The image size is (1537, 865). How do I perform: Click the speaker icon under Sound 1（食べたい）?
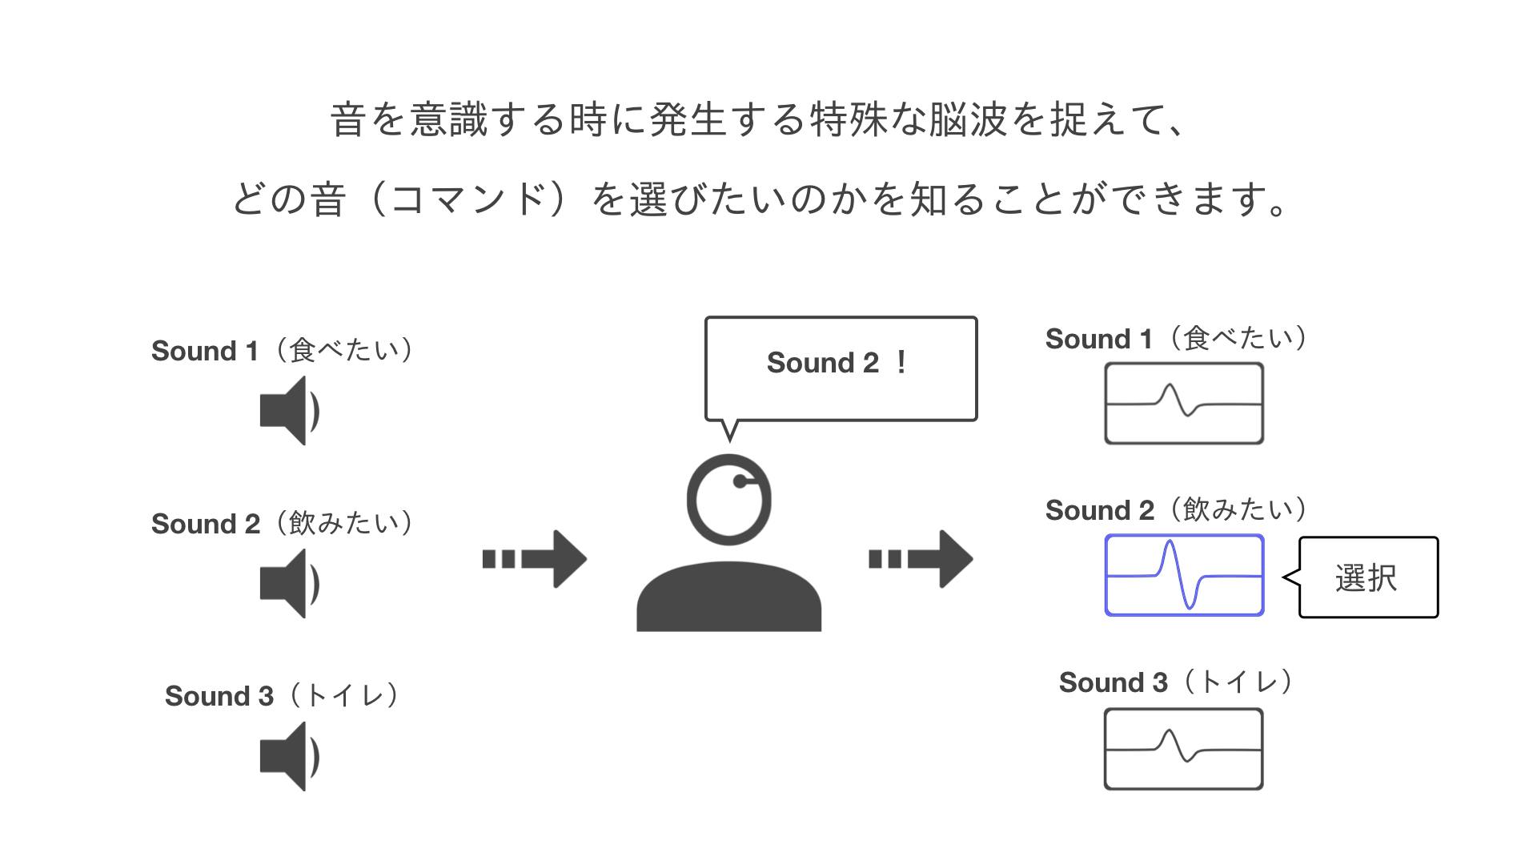point(289,411)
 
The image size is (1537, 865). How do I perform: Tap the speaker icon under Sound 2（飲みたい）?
point(289,583)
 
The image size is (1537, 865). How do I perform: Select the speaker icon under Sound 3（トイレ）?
point(289,756)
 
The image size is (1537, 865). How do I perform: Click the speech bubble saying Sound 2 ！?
point(841,368)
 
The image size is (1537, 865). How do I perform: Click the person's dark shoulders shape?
point(728,597)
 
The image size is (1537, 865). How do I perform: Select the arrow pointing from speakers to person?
point(535,559)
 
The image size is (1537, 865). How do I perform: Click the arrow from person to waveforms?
point(921,559)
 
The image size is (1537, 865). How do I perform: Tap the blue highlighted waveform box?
point(1184,575)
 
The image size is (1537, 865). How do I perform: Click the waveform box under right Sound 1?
point(1184,404)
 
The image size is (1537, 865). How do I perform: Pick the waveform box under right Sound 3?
point(1184,749)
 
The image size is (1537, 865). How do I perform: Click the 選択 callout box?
point(1368,577)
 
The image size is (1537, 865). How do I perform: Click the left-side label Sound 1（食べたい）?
point(283,351)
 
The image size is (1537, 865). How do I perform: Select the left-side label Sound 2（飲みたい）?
point(283,524)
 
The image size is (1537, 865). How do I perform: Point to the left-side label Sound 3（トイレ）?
point(283,696)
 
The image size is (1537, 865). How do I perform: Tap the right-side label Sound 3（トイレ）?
point(1177,682)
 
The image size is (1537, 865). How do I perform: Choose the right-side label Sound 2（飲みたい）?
point(1177,510)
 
